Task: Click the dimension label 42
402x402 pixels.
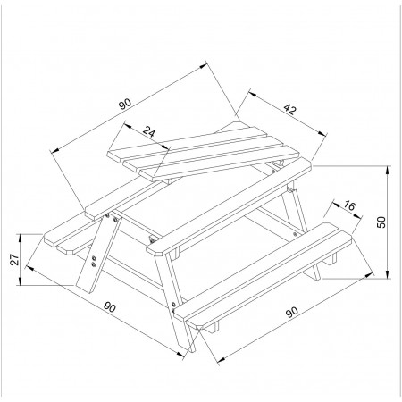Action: (x=289, y=109)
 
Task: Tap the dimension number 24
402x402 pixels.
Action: (x=148, y=131)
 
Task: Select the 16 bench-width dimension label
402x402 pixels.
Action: (x=349, y=205)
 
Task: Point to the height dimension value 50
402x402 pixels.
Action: (x=381, y=222)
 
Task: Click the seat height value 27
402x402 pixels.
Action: (x=14, y=259)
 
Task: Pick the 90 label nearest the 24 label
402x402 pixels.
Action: (x=125, y=104)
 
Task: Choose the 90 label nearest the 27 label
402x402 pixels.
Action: (x=110, y=307)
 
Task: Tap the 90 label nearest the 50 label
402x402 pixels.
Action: (x=292, y=313)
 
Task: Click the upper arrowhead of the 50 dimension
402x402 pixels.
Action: (x=388, y=170)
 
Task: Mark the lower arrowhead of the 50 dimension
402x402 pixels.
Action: (x=388, y=274)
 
